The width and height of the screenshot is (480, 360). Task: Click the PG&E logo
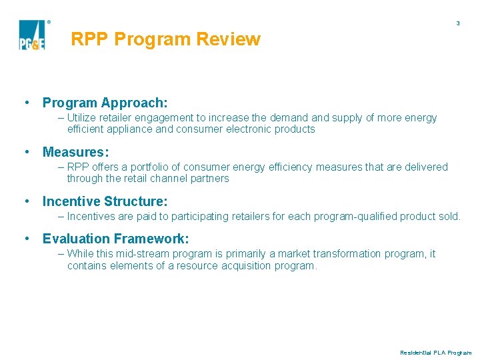(33, 35)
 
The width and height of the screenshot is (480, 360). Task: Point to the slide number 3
(457, 23)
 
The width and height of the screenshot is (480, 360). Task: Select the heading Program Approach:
(105, 103)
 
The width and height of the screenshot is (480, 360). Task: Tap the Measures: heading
(75, 152)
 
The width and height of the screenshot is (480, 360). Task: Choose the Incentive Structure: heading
(105, 201)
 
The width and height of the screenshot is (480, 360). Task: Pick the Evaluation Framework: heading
(115, 239)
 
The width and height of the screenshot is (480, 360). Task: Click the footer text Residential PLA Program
(435, 353)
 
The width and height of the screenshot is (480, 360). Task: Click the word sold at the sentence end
(449, 217)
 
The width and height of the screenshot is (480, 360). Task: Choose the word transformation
(339, 254)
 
